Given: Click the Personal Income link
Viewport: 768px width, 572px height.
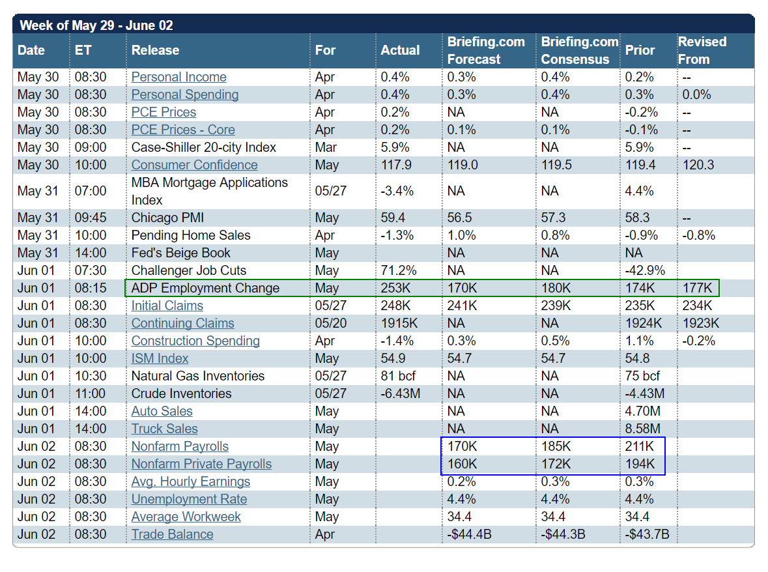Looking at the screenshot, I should (x=178, y=77).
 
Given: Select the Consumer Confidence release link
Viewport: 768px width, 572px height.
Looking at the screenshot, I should (x=194, y=165).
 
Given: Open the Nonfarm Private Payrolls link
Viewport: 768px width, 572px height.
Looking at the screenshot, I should (x=201, y=464).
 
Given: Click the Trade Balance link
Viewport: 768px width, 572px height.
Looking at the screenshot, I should (x=172, y=534).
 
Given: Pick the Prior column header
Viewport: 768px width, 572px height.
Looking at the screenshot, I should (x=640, y=50).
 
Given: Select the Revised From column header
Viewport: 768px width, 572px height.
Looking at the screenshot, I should (x=702, y=50).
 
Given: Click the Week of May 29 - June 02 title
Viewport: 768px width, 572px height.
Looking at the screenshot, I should (x=96, y=26).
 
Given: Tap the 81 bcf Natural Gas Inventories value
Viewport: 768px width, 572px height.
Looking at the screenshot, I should (x=398, y=376).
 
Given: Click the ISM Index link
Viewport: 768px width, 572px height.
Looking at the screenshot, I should (x=160, y=358).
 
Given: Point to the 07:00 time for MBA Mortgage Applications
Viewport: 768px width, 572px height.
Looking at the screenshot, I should (x=91, y=191).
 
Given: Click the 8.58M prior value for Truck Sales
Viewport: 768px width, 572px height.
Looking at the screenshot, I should (x=643, y=429).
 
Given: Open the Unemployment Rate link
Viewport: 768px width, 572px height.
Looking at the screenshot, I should (x=189, y=499).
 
